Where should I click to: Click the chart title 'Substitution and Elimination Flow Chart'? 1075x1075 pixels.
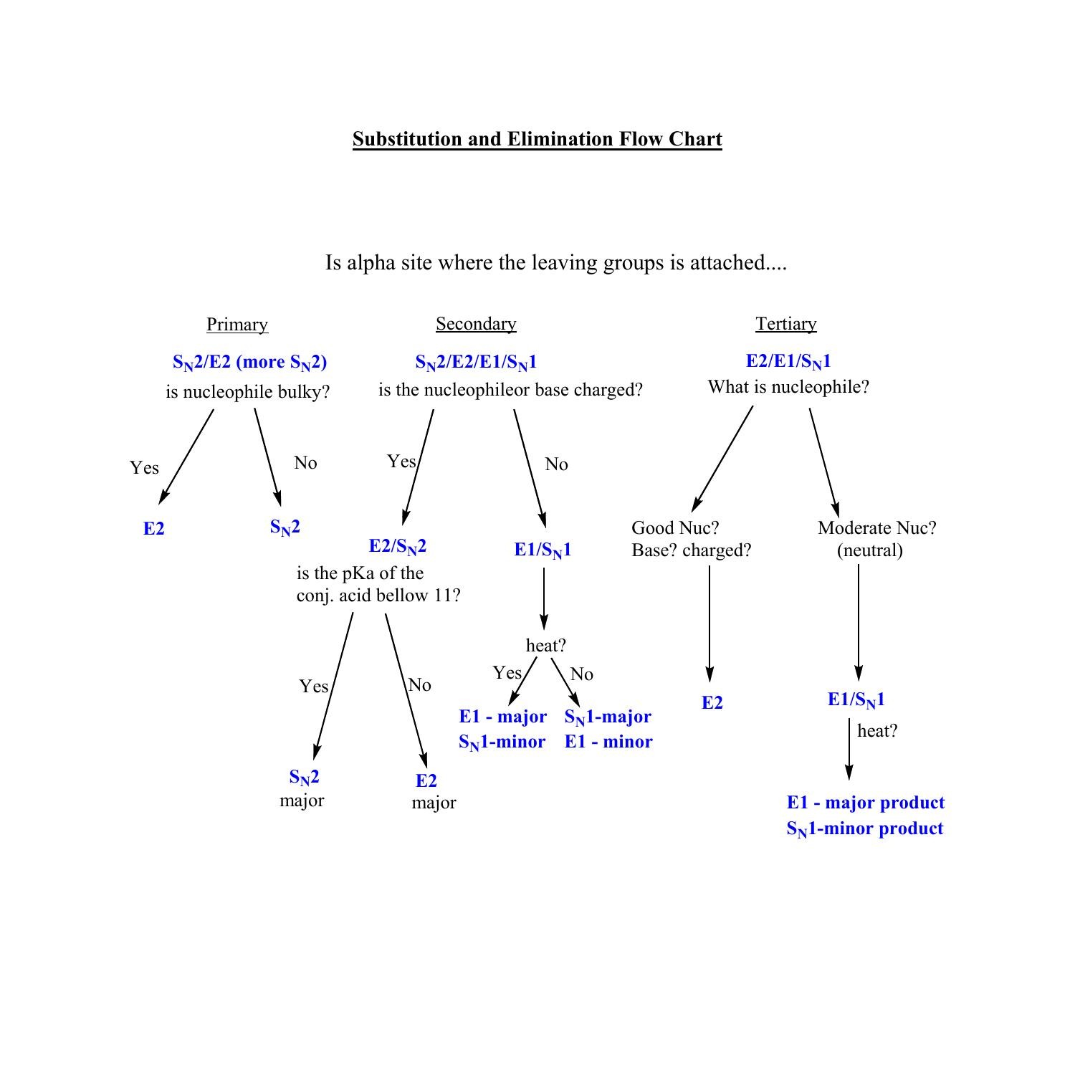point(537,139)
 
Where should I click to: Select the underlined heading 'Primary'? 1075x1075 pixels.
point(237,325)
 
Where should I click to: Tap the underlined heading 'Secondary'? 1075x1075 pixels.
point(476,324)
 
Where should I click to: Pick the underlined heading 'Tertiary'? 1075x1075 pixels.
point(785,324)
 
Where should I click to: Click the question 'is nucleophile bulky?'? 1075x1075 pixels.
point(248,392)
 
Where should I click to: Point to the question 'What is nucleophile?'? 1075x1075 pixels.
point(788,387)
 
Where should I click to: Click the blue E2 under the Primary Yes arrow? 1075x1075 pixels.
point(154,529)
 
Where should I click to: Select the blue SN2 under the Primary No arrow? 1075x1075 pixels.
point(285,527)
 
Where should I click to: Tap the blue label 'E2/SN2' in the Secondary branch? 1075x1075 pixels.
point(398,547)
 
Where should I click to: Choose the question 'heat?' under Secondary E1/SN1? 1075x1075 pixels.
point(546,646)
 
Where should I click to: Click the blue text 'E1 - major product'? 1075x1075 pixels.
point(866,803)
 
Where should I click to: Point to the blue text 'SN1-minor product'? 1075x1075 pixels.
point(865,829)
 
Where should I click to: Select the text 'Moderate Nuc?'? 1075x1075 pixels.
point(876,528)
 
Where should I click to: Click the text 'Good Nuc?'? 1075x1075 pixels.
point(675,528)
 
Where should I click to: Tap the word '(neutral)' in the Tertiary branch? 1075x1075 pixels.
point(870,550)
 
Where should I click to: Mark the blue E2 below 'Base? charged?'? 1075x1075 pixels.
point(712,703)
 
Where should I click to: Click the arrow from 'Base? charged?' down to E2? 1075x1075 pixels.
point(709,623)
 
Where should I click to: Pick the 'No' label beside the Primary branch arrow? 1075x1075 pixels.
point(305,463)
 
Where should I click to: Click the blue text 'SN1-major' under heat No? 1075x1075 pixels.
point(608,717)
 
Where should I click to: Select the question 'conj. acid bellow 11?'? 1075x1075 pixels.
point(378,596)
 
